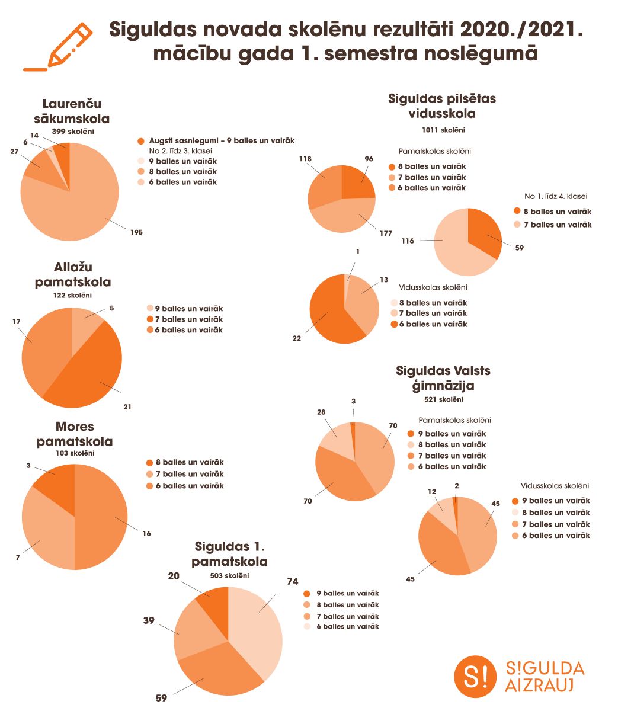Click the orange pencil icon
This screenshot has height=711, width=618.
click(58, 47)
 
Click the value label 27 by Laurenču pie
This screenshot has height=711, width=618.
click(15, 152)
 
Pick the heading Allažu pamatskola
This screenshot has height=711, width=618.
click(73, 274)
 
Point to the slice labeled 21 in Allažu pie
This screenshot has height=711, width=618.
click(89, 373)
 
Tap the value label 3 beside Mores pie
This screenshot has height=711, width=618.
click(28, 466)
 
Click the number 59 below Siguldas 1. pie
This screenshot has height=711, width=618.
click(161, 698)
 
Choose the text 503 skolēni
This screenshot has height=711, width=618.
click(229, 575)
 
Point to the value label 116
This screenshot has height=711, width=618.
click(407, 241)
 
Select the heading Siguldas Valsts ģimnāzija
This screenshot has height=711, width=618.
click(443, 378)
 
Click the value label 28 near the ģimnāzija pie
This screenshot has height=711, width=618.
click(321, 412)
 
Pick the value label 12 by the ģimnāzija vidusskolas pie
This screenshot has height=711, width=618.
click(431, 491)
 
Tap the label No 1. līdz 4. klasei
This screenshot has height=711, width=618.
click(555, 196)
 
